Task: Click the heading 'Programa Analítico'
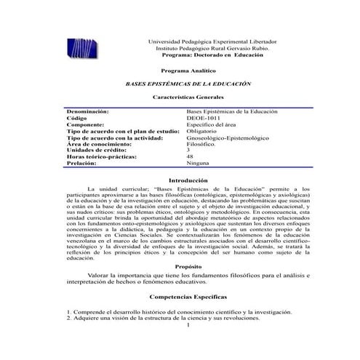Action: pos(188,71)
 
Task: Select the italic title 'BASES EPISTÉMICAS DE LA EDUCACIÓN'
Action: pos(188,84)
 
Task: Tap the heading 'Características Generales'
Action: pos(188,97)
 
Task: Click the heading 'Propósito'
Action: pos(188,267)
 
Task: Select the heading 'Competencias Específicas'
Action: pos(188,297)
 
